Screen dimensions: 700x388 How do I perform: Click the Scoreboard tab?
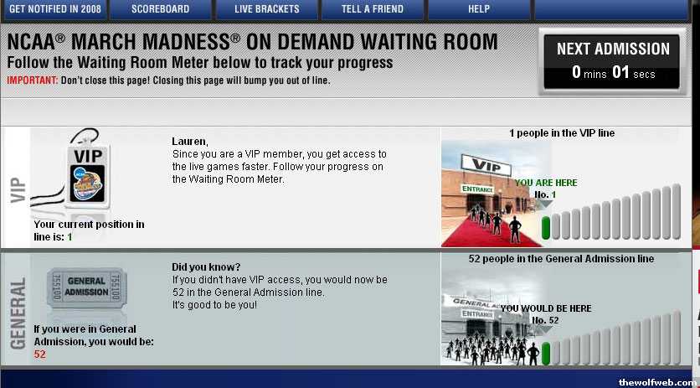point(160,9)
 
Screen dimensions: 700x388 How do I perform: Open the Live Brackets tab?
point(267,9)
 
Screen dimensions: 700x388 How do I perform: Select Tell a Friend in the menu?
point(373,9)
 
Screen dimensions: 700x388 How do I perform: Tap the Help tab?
point(479,9)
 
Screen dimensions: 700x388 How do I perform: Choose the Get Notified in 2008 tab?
point(55,9)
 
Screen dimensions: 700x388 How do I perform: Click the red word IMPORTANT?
point(33,81)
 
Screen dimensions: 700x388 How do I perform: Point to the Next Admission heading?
point(613,49)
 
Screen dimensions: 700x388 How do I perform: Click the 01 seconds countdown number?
point(620,72)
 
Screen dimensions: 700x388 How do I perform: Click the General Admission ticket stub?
point(86,287)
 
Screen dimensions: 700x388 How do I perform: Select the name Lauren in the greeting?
point(189,142)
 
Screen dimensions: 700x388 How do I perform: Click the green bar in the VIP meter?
point(546,228)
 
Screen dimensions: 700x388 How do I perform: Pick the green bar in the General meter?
point(546,354)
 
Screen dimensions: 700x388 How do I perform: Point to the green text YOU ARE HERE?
point(546,183)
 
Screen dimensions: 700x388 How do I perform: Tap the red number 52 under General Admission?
point(39,354)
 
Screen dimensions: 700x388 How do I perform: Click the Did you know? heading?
point(206,267)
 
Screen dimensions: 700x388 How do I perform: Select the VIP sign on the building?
point(486,165)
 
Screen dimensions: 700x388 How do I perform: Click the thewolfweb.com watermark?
point(657,383)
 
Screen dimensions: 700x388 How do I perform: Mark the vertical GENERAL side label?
point(18,313)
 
